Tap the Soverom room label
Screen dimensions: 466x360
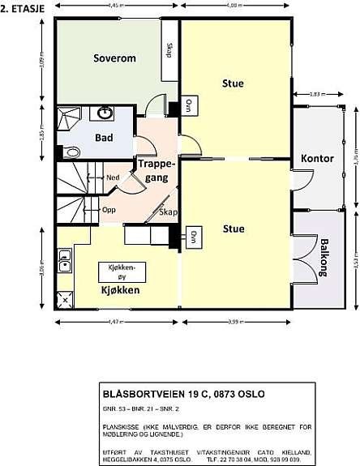[114, 58]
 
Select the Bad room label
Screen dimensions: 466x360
[104, 137]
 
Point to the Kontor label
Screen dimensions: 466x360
[317, 158]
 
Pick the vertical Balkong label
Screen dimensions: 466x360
[324, 259]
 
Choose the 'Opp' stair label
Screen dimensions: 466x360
[108, 208]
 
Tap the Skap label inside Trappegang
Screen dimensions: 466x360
[168, 212]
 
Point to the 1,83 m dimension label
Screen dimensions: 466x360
[316, 95]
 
